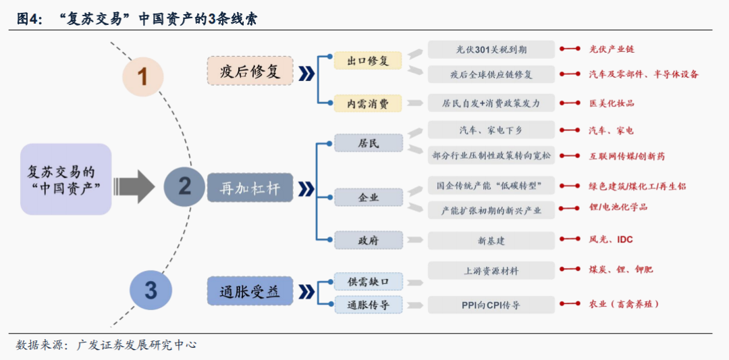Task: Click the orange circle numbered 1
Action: coord(142,76)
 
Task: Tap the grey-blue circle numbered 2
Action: coord(184,186)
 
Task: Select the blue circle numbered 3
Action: coord(151,290)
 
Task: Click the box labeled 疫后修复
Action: coord(249,72)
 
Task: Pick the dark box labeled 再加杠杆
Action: coord(249,188)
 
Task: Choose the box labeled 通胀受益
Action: coord(249,292)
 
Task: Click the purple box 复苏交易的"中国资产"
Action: coord(65,179)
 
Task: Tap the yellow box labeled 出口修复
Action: coord(368,61)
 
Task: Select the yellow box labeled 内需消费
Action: coord(368,104)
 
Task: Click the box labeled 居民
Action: coord(368,143)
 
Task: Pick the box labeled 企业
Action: coord(368,198)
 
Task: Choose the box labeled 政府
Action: coord(368,240)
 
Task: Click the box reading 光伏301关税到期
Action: coord(491,49)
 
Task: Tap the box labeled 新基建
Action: coord(491,240)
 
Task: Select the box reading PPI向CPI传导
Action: coord(491,305)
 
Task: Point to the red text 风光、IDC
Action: coord(611,240)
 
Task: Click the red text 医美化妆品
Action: coord(612,103)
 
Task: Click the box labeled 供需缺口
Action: coord(368,281)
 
